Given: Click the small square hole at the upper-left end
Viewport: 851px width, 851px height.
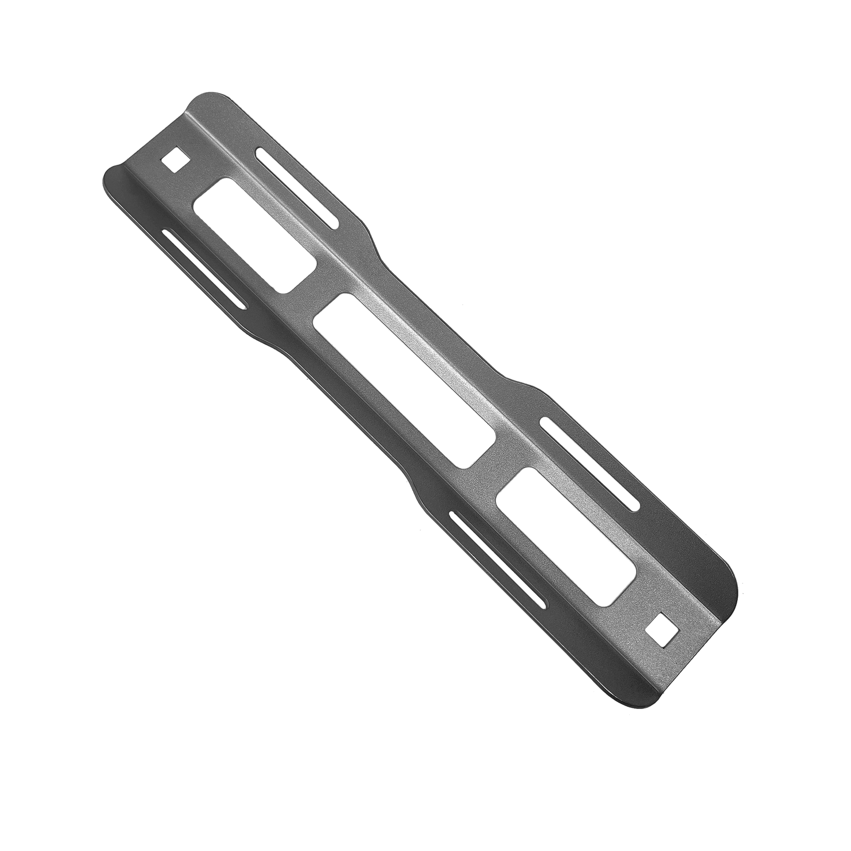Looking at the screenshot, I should click(176, 159).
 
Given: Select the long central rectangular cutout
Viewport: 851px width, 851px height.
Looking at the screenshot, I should click(405, 381).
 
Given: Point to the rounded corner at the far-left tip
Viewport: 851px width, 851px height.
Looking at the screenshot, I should click(106, 176).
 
